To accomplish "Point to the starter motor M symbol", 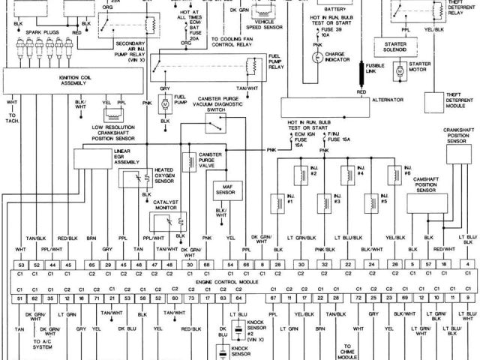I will click(x=400, y=70).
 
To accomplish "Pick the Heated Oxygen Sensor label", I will click(x=166, y=175).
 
